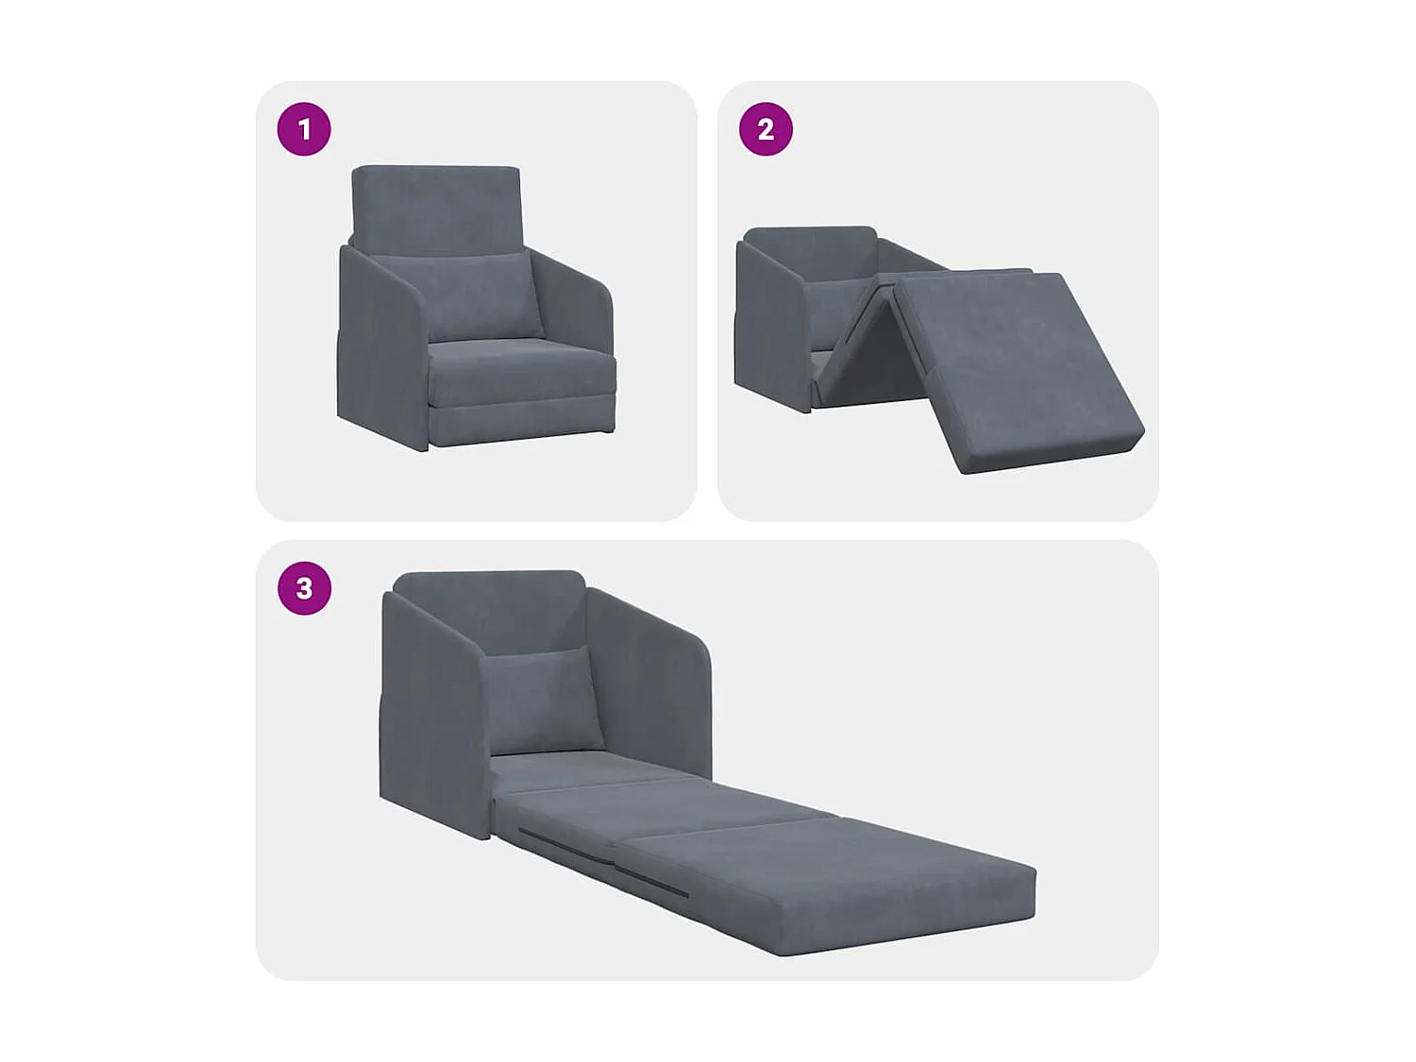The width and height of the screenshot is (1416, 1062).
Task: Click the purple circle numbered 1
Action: coord(304,129)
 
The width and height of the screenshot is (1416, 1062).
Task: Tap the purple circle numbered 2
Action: coord(766,129)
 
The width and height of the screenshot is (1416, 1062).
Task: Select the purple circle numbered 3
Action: coord(304,588)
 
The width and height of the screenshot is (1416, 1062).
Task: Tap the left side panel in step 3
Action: coord(430,717)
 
